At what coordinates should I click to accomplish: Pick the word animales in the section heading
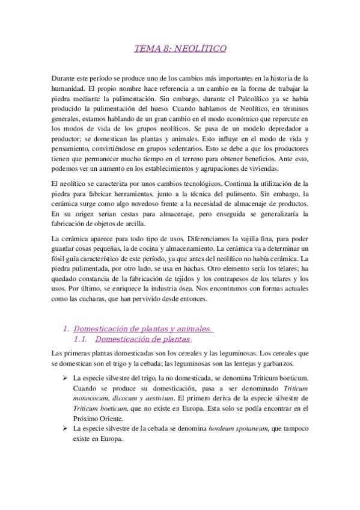[191, 329]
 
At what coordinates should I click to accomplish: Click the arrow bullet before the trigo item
[65, 377]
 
